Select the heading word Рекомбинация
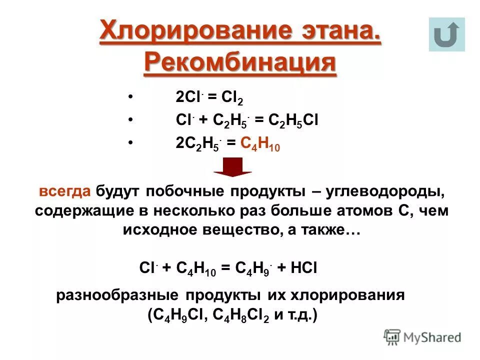(240, 63)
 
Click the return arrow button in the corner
(446, 34)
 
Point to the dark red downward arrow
(232, 167)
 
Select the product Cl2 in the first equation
(233, 97)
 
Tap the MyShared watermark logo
(422, 337)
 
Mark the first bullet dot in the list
(130, 96)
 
